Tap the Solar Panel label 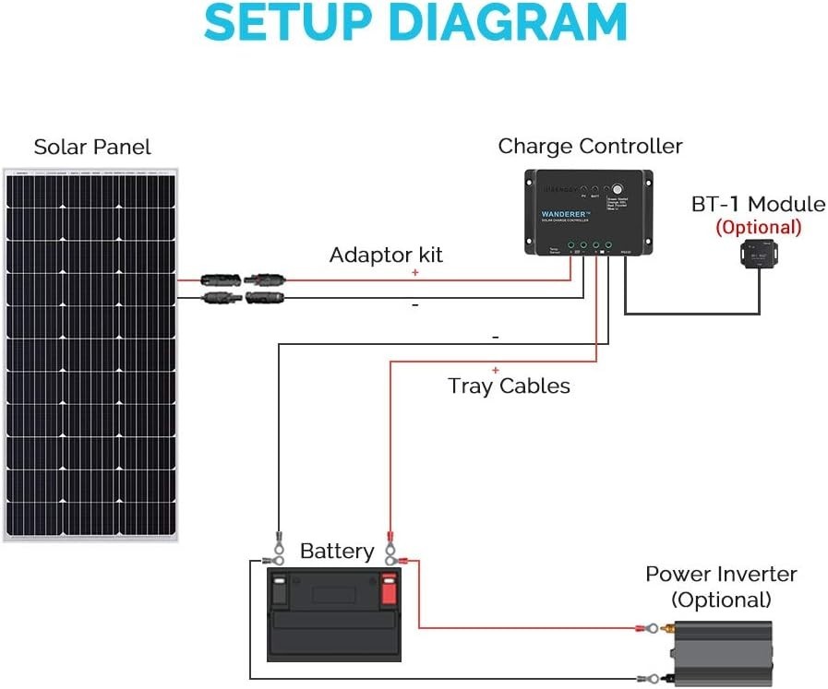(92, 148)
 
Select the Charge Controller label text (590, 147)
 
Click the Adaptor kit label (386, 255)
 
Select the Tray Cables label (509, 386)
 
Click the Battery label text (337, 552)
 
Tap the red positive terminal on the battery (388, 588)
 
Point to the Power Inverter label (721, 574)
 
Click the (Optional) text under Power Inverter (721, 600)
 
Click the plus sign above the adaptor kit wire (415, 273)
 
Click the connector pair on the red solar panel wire (242, 278)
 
